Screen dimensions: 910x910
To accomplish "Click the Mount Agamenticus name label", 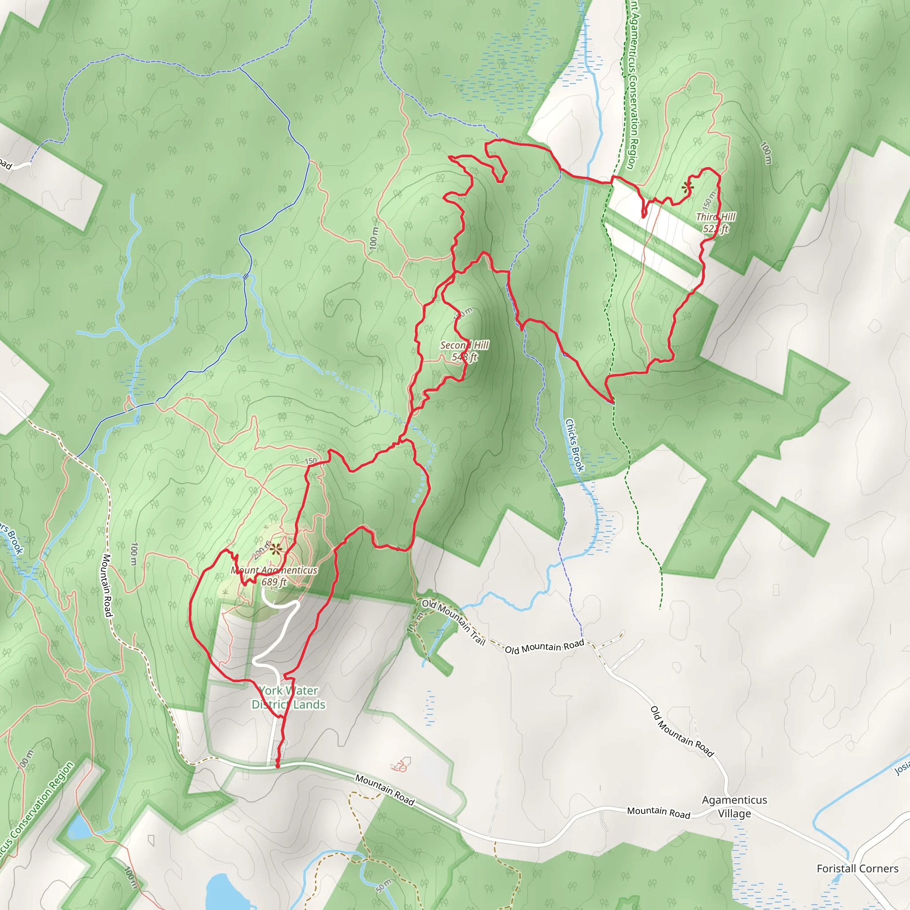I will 274,570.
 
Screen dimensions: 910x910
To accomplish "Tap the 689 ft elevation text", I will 274,582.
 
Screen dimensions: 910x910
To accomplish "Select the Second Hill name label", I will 464,345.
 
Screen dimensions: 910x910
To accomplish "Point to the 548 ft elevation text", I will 464,357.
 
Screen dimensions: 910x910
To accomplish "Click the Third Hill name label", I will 716,217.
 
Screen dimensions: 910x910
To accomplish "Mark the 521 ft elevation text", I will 716,229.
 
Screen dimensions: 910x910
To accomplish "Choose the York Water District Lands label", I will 288,698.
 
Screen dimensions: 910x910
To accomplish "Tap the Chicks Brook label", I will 575,445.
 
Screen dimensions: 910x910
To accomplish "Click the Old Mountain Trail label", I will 453,622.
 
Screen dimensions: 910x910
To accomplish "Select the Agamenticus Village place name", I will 734,806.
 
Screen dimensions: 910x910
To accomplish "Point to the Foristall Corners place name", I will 857,869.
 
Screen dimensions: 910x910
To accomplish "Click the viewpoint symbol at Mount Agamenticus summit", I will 275,548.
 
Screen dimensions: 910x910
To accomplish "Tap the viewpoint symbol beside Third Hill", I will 687,188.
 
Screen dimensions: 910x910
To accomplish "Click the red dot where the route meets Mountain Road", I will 277,766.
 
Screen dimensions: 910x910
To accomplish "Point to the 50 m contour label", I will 384,886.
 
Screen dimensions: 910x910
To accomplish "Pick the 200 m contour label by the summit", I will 262,549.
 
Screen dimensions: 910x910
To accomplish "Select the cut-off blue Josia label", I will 902,768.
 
